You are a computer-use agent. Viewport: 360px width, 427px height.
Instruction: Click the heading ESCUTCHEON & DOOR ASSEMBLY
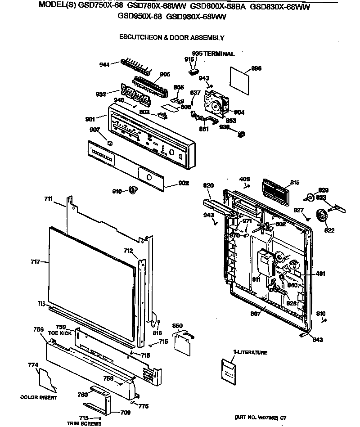(171, 38)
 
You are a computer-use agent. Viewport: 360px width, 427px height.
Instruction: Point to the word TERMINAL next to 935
(219, 54)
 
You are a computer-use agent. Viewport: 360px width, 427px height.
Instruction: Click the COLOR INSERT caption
(39, 397)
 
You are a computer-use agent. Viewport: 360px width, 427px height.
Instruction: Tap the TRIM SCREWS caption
(84, 423)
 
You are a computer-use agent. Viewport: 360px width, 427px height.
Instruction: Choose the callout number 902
(184, 183)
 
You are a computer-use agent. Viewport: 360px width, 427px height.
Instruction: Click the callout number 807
(255, 314)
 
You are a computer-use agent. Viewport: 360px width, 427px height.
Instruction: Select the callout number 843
(318, 340)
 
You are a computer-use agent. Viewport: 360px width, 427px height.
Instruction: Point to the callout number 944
(104, 65)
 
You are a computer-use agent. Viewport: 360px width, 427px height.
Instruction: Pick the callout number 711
(48, 198)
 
